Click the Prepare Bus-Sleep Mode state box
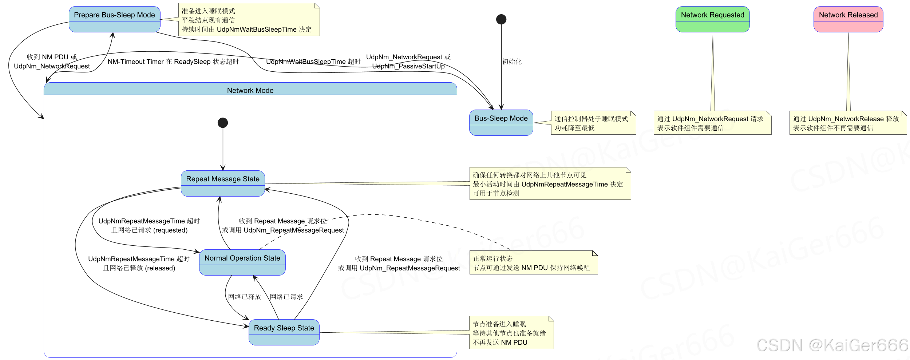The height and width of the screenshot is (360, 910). pos(114,19)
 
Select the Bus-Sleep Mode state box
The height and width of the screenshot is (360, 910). pos(501,123)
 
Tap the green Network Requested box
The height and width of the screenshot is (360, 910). pos(712,19)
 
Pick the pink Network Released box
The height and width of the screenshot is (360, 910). pos(848,19)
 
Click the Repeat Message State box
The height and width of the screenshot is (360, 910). pos(223,183)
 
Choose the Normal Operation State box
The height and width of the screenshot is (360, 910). pos(242,262)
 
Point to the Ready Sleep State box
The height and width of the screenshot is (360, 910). pos(284,332)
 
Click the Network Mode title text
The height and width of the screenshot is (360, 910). pos(250,90)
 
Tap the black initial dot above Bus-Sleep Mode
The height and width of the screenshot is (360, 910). pos(501,19)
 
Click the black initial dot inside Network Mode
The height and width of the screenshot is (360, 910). pos(223,123)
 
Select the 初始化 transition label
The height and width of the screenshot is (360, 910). pos(512,62)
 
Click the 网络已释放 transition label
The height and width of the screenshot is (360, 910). pos(245,297)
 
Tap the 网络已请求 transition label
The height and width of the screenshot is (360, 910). pos(286,297)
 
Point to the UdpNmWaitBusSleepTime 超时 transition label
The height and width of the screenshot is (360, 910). pos(313,62)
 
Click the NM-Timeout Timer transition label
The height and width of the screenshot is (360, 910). pos(173,62)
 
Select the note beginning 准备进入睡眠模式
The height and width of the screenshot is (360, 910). pos(249,20)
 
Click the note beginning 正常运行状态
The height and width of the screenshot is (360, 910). pos(533,263)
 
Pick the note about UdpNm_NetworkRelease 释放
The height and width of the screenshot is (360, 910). pos(848,123)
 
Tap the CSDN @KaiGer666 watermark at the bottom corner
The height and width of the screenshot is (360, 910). pos(832,345)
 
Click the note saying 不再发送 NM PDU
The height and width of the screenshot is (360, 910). pos(511,333)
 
